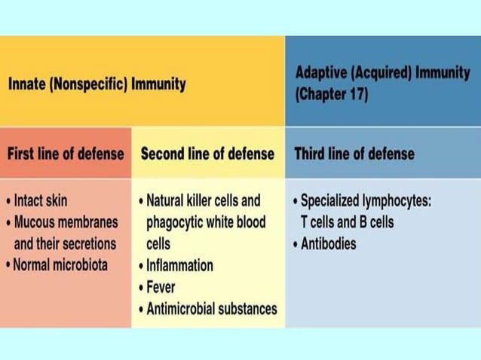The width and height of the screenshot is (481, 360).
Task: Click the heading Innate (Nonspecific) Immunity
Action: (97, 84)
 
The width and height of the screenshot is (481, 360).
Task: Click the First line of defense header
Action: (66, 154)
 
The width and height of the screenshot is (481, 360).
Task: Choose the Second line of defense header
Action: (207, 154)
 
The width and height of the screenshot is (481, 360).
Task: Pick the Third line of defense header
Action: (354, 154)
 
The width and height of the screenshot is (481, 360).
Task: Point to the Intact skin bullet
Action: (40, 200)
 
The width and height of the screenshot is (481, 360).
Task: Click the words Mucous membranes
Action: (66, 222)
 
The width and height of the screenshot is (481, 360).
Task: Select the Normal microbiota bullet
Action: (60, 265)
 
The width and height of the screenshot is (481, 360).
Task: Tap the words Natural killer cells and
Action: (203, 200)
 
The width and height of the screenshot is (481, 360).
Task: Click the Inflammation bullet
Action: (179, 265)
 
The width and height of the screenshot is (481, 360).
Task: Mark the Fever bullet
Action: (161, 287)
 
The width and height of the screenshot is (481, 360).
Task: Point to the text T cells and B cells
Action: (347, 222)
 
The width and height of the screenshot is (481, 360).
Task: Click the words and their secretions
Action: (65, 244)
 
